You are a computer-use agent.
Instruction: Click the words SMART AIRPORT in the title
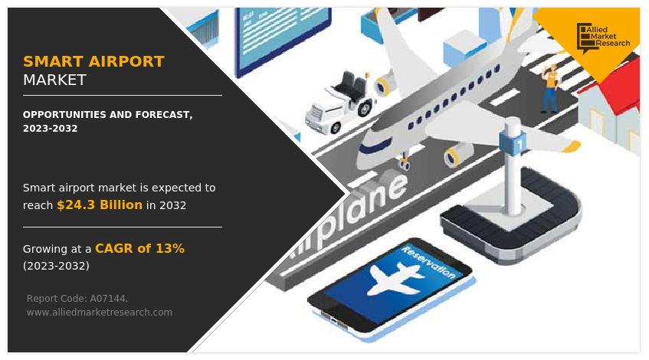pos(93,61)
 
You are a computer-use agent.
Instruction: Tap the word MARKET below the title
pos(54,80)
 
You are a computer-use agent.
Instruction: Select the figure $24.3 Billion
pos(100,205)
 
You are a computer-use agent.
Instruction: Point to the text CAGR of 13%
pos(139,248)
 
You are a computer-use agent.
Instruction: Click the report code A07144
pos(108,298)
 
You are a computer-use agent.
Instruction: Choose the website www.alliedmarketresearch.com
pos(100,312)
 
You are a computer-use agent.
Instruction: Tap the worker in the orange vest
pos(549,87)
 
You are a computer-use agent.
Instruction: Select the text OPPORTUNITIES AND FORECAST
pos(107,114)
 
